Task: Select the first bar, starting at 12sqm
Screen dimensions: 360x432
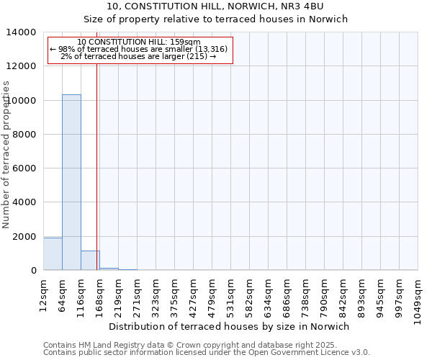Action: (x=53, y=254)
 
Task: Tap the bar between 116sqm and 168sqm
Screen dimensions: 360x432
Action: (x=90, y=261)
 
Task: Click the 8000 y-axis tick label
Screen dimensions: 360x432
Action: (x=24, y=135)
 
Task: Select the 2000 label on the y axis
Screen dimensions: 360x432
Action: (x=24, y=237)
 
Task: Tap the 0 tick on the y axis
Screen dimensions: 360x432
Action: (x=33, y=271)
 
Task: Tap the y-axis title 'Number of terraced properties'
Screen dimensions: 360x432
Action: (x=6, y=155)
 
